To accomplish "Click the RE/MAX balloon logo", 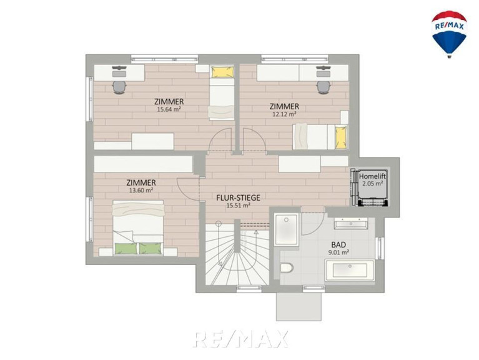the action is click(449, 34).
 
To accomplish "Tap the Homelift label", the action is click(372, 176).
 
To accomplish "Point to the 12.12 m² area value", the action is click(284, 114).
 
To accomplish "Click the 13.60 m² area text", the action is click(141, 190).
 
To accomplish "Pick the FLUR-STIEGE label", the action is click(239, 197).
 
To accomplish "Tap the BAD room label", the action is click(338, 245).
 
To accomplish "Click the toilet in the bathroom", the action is click(287, 268).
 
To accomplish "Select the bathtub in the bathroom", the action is click(350, 271).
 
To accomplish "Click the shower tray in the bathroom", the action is click(286, 229).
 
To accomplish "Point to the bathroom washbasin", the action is click(351, 224).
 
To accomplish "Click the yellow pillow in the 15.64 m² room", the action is click(222, 72).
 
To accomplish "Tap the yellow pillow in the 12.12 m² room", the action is click(341, 137).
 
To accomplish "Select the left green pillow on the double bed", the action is click(126, 249).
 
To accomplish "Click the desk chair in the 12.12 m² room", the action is click(324, 87).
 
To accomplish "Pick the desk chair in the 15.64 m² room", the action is click(119, 87).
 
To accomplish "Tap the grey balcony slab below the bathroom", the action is click(299, 306).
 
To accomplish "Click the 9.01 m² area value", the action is click(338, 252).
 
